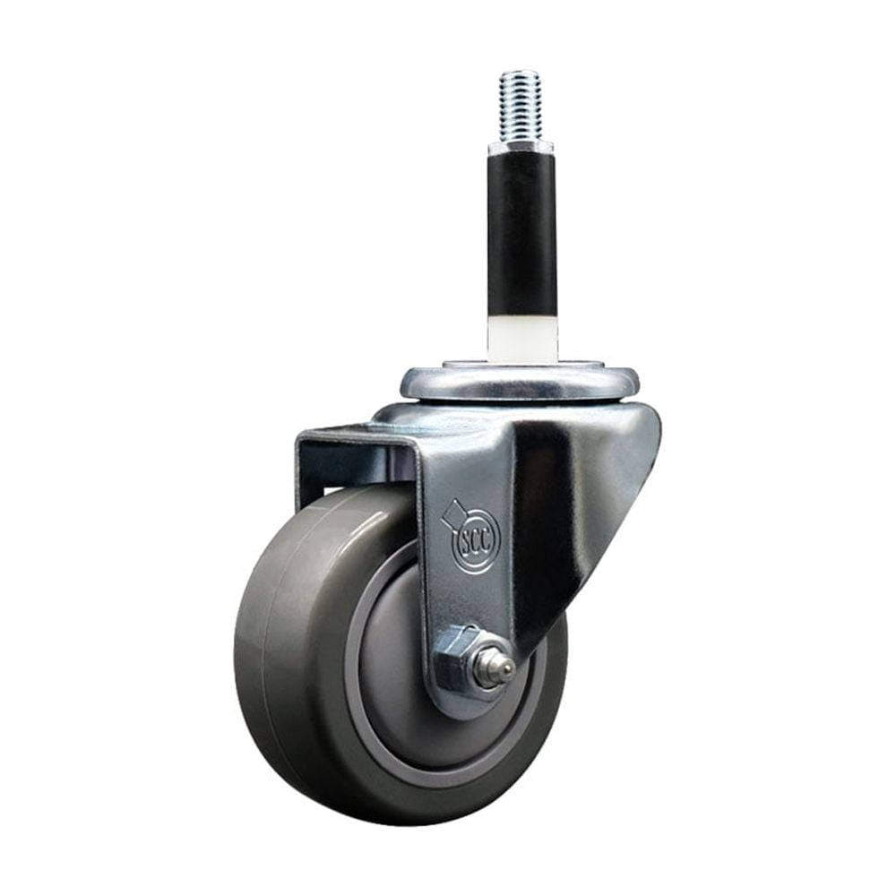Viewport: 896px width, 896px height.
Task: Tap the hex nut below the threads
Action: (521, 146)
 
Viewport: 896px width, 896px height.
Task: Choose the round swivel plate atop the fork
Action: (520, 383)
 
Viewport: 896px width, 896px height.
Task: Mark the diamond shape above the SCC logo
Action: (452, 512)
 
